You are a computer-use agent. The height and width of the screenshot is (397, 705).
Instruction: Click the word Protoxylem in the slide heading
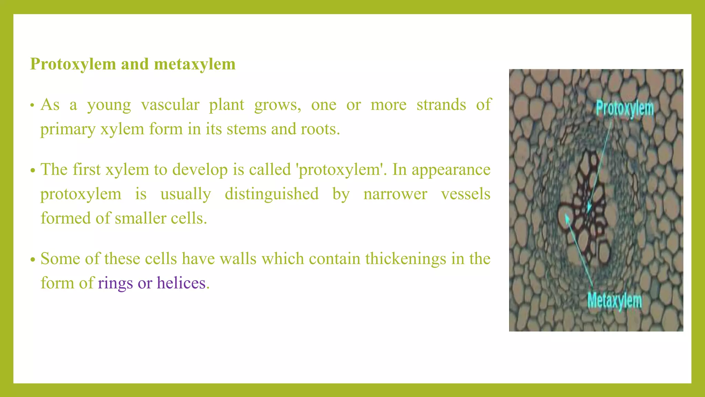(73, 64)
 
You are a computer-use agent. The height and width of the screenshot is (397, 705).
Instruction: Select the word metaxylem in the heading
(194, 64)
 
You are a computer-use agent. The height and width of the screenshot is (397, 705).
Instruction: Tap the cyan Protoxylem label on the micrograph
(624, 109)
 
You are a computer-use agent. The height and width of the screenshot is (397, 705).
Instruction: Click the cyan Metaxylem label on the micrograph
(614, 301)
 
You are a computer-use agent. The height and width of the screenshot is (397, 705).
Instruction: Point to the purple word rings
(115, 283)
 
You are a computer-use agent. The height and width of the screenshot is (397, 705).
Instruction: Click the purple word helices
(181, 283)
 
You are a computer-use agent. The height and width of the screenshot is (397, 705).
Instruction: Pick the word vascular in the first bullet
(170, 105)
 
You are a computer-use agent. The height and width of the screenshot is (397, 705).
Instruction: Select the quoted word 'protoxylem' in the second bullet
(339, 170)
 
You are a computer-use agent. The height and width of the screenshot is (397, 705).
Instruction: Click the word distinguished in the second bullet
(272, 194)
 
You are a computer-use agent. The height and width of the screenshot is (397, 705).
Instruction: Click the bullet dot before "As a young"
(32, 105)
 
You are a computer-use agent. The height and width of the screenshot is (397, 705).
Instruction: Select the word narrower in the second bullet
(395, 194)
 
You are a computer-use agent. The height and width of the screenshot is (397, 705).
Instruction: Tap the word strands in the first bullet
(441, 105)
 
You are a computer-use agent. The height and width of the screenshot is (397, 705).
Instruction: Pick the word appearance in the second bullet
(451, 170)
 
